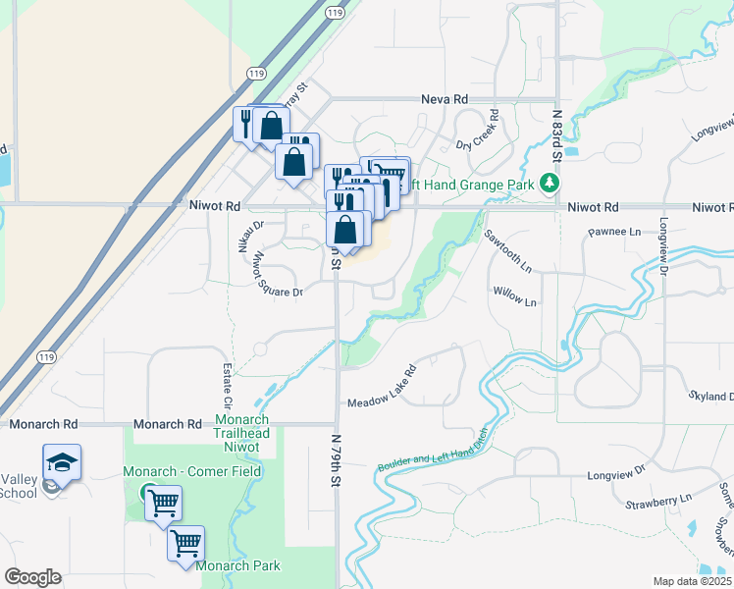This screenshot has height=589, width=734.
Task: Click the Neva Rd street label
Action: tap(445, 99)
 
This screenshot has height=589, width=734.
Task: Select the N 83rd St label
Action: tap(556, 135)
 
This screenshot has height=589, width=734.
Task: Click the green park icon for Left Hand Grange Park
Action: tap(550, 184)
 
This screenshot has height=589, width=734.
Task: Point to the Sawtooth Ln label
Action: tap(507, 251)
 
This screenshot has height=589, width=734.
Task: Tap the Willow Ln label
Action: tap(515, 297)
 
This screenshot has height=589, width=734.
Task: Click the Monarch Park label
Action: tap(237, 565)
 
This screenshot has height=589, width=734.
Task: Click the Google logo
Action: tap(33, 577)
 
